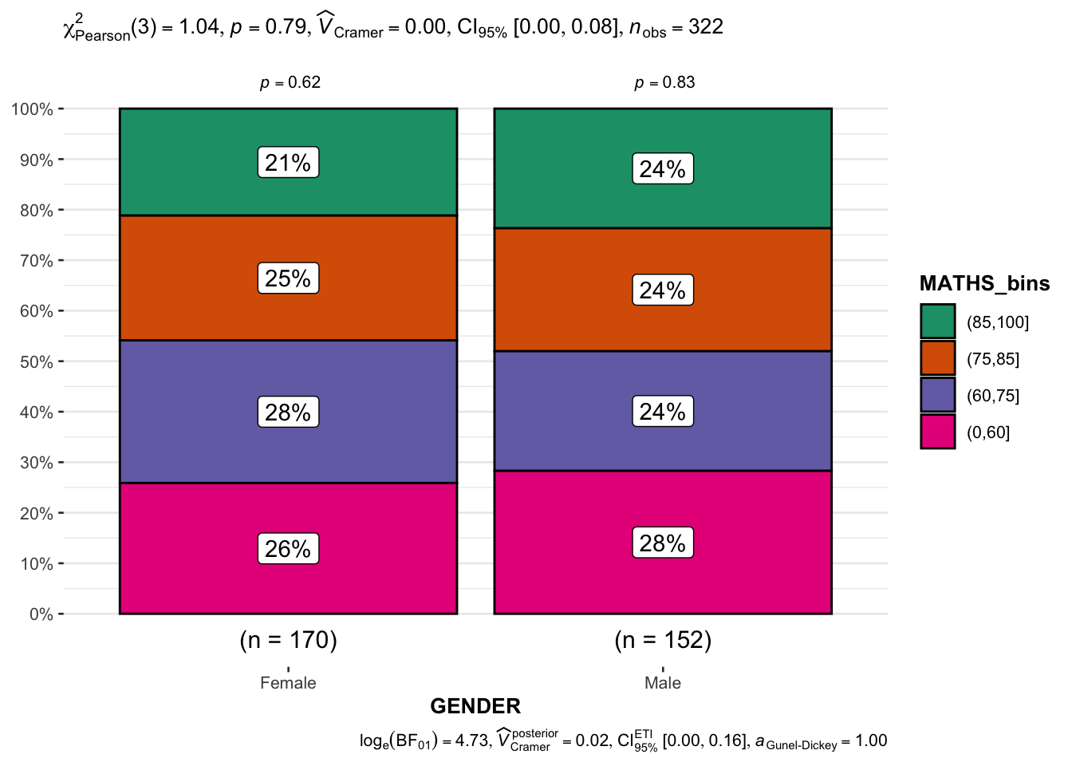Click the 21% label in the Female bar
288,163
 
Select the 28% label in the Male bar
662,543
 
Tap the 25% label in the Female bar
288,278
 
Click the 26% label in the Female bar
288,549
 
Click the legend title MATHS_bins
984,283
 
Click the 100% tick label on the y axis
33,109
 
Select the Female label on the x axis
288,683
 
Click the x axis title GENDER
475,706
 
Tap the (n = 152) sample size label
663,640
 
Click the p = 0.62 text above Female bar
290,83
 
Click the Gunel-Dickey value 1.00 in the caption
871,740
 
